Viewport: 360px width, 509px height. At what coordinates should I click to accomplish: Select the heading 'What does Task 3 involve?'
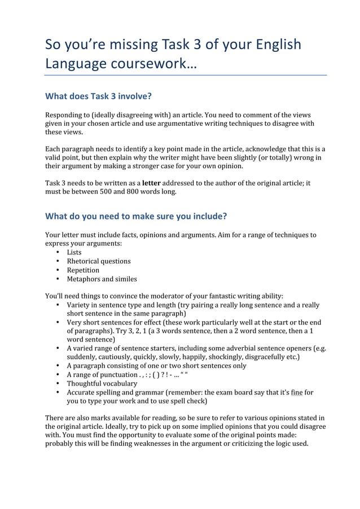[x=99, y=95]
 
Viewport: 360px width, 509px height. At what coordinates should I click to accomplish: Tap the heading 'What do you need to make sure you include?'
[x=136, y=216]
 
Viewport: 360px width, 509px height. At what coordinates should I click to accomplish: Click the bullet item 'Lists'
[x=74, y=252]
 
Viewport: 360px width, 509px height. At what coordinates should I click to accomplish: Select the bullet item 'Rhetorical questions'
[x=99, y=261]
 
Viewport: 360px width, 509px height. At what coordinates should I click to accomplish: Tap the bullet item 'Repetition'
[x=83, y=270]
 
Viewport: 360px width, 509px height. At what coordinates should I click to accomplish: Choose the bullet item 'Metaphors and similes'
[x=102, y=279]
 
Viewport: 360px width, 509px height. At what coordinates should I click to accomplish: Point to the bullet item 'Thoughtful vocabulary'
[x=102, y=383]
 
